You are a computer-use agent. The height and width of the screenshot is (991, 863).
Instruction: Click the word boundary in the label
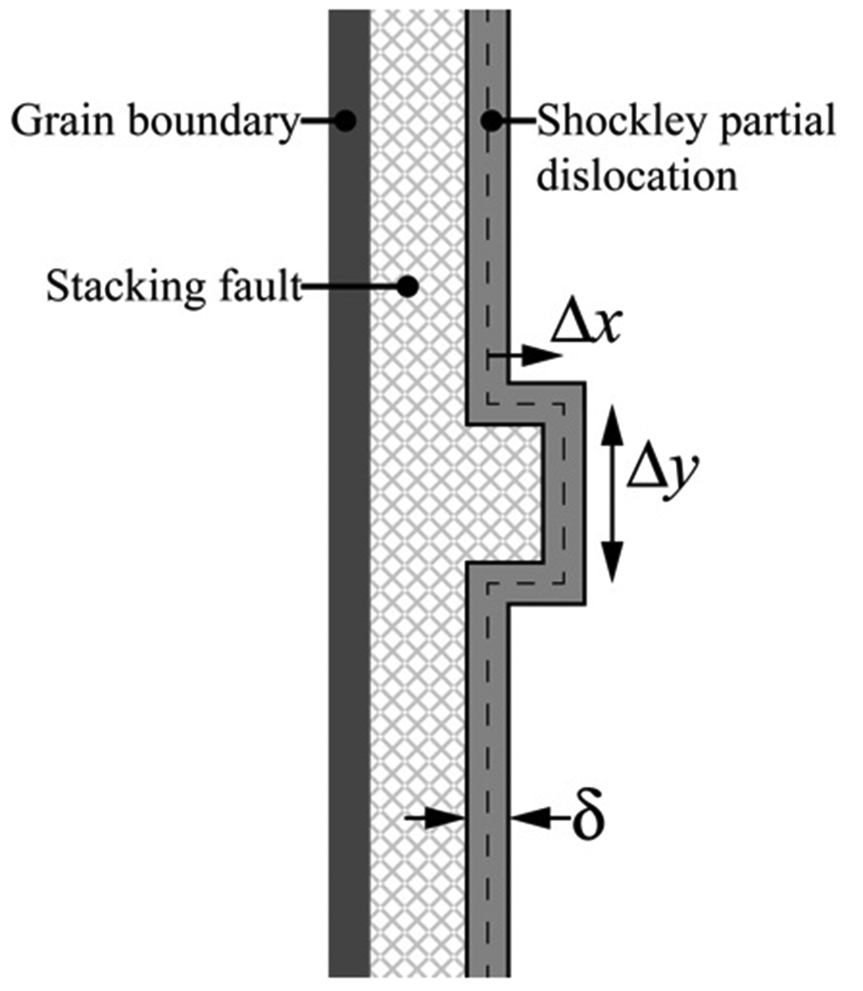tap(212, 121)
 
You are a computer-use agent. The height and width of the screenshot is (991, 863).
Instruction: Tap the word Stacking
tap(126, 288)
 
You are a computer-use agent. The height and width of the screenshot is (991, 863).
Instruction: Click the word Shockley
tap(619, 120)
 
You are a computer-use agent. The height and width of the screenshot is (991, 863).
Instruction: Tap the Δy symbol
tap(662, 473)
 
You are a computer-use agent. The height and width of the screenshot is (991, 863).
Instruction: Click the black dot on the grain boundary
tap(345, 120)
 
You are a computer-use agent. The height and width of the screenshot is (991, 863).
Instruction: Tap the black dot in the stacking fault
tap(408, 287)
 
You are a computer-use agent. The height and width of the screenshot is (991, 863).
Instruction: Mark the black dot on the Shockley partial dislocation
tap(492, 120)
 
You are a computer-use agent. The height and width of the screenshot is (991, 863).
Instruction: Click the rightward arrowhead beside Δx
tap(544, 357)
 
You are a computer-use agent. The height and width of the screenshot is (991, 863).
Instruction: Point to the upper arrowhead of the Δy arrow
tap(611, 424)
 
